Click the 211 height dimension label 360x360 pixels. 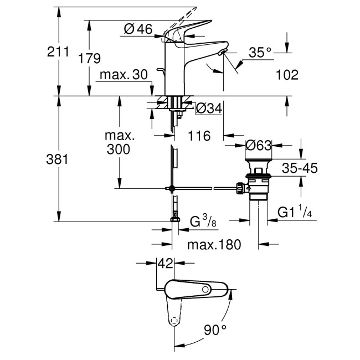coord(58,53)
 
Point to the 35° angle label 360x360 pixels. coord(260,53)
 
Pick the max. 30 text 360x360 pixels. coord(124,75)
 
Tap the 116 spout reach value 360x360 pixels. coord(199,136)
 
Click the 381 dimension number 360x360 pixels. coord(58,160)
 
